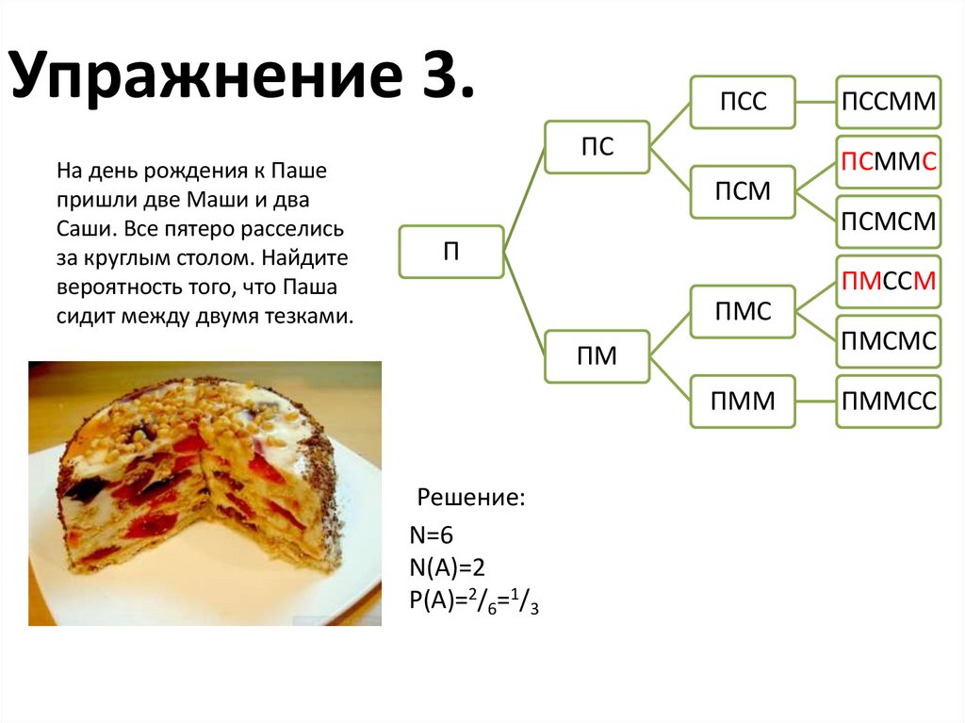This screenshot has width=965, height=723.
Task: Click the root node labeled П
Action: pos(450,252)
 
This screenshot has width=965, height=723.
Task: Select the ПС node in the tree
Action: pos(596,147)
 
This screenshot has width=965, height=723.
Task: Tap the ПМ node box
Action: pos(596,356)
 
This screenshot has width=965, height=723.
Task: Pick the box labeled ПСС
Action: pos(743,102)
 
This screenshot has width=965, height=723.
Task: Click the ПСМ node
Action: pos(743,191)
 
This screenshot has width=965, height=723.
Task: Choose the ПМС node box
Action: pos(743,311)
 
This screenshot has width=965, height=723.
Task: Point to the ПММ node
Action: pos(743,402)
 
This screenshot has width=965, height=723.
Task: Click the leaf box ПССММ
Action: pos(889,102)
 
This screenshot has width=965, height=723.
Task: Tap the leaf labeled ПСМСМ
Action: pos(889,222)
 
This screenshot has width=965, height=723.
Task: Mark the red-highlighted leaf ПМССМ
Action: pos(889,281)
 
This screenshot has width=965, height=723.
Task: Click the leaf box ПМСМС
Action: pos(889,341)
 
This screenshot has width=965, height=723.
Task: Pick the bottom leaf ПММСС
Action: pos(889,402)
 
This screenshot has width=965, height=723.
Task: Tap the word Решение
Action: pos(471,498)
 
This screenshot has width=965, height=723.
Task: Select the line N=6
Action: pos(432,536)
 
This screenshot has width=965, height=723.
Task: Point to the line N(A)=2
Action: pos(447,566)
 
